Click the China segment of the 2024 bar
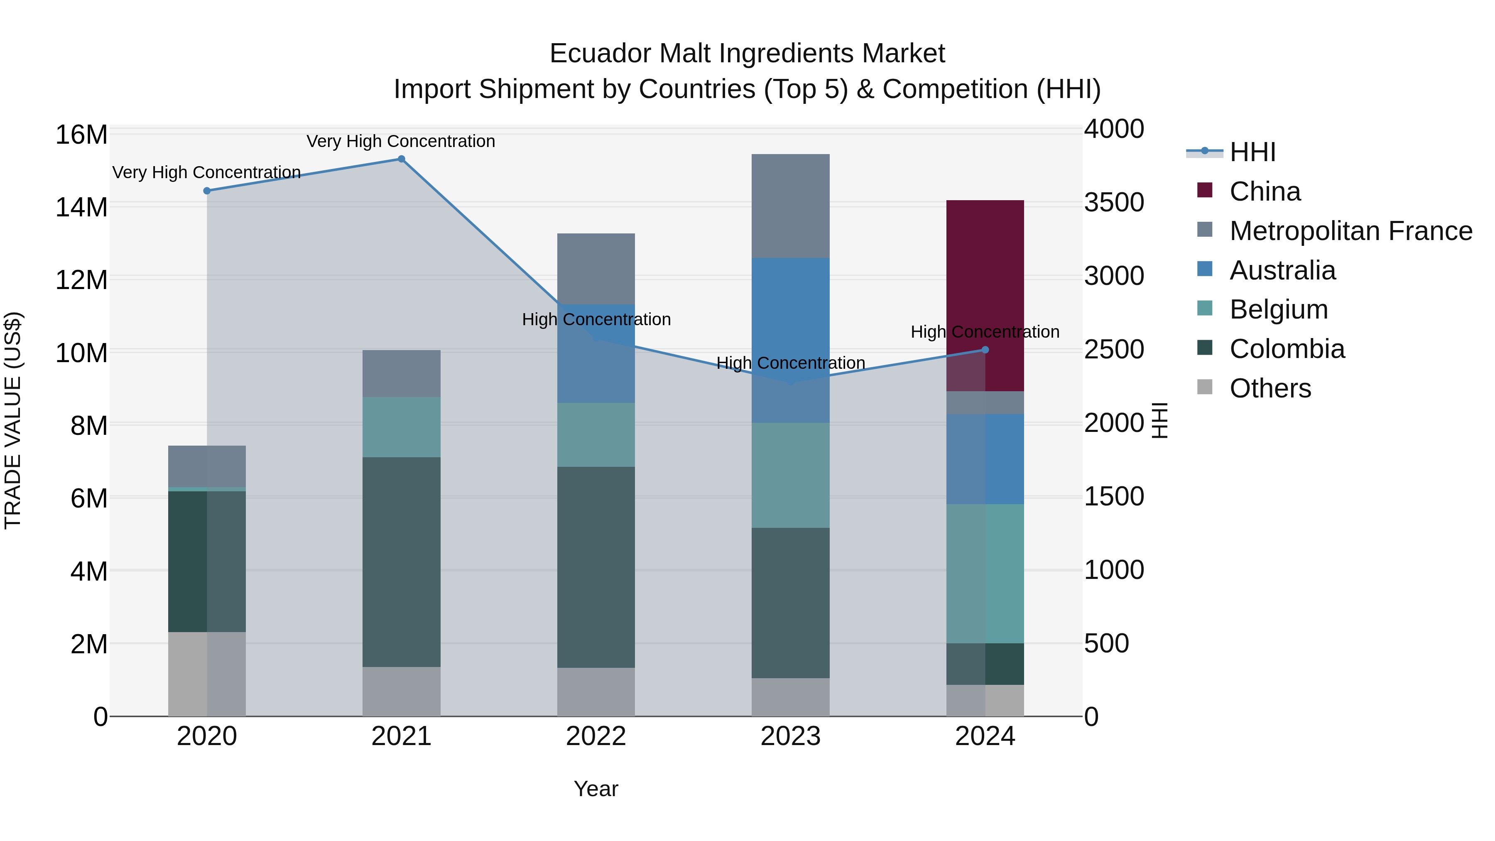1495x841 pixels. [985, 279]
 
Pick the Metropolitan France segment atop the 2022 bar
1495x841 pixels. [596, 268]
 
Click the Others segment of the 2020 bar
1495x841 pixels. [207, 674]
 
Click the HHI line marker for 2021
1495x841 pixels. [401, 159]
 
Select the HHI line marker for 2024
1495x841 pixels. [985, 350]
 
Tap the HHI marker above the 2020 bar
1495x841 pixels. [207, 191]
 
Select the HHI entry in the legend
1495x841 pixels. [1252, 152]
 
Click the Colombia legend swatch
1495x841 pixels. [1205, 348]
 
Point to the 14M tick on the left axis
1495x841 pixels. [81, 207]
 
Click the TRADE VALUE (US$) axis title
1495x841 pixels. [13, 420]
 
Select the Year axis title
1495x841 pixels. [596, 789]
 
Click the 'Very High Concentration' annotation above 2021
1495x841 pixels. [401, 141]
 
